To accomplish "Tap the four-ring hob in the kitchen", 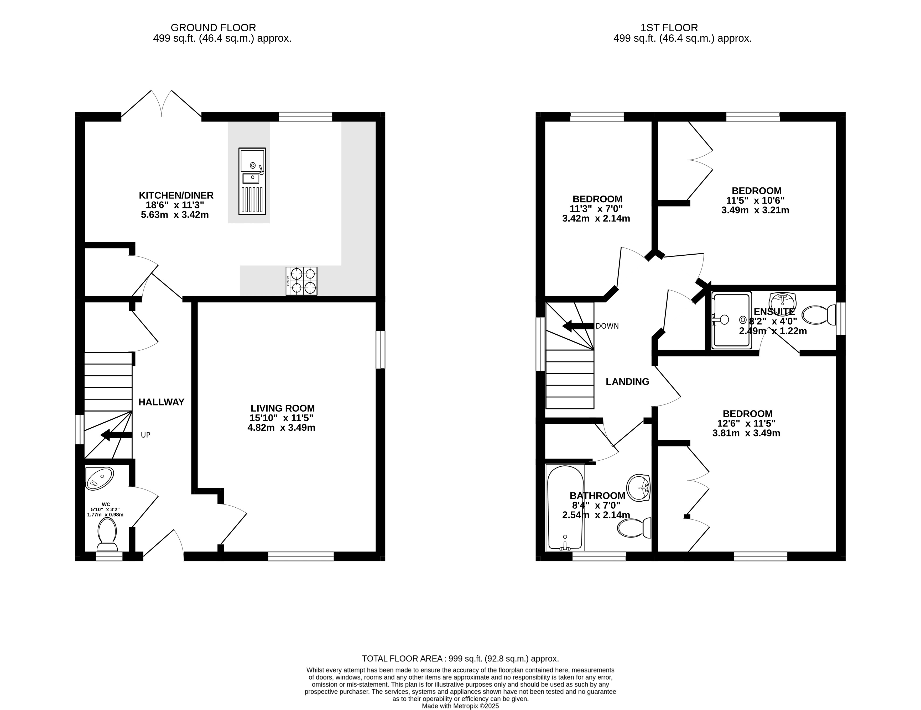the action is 301,281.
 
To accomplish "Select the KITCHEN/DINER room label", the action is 176,196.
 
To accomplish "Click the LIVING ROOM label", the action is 283,408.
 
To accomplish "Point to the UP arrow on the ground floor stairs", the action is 116,435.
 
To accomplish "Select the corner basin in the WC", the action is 99,479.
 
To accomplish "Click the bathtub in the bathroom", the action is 565,508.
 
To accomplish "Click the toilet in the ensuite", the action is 819,315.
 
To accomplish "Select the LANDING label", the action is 627,382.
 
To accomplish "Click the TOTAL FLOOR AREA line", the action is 461,659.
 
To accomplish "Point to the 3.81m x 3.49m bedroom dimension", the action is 746,433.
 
